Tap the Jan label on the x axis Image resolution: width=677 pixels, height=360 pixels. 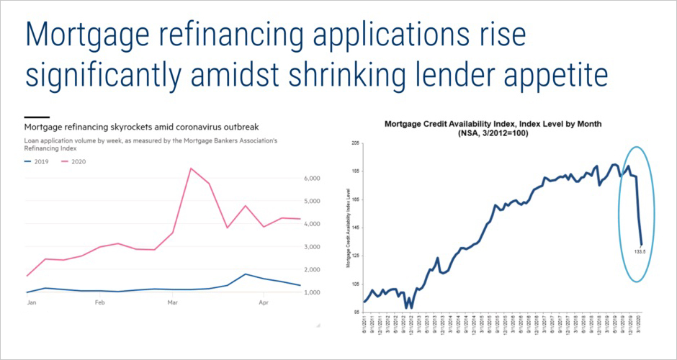click(32, 303)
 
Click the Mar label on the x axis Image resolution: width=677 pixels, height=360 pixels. click(173, 303)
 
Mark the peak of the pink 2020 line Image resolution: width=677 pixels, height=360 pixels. click(189, 169)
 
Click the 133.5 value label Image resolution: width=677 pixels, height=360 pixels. click(637, 252)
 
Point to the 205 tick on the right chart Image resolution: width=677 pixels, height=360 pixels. click(356, 144)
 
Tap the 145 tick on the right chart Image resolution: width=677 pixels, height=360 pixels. click(356, 228)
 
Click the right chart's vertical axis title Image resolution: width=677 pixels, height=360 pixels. click(348, 228)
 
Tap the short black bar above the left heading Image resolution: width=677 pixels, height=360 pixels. click(37, 117)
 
